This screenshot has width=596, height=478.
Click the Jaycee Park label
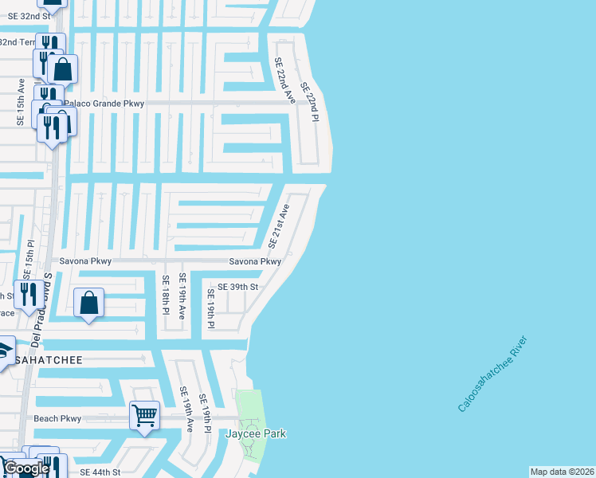tap(255, 433)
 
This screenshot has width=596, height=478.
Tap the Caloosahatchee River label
tap(492, 374)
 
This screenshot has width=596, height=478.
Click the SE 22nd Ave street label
tap(285, 80)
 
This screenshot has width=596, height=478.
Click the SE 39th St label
tap(237, 287)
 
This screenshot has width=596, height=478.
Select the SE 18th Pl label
tap(166, 293)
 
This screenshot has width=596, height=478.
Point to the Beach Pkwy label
tap(57, 418)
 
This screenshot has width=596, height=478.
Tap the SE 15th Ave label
tap(22, 101)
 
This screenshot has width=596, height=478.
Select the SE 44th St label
tap(100, 472)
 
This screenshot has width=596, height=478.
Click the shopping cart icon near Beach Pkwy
tap(144, 414)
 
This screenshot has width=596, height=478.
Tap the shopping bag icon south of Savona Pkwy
tap(88, 303)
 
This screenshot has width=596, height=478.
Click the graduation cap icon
tap(5, 348)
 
